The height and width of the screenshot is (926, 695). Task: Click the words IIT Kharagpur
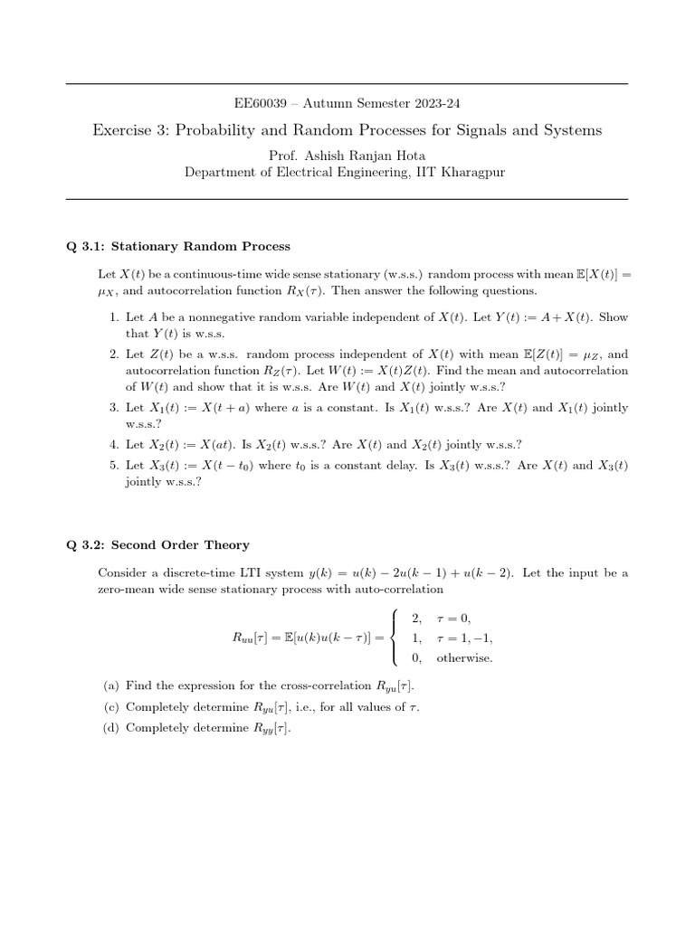[468, 172]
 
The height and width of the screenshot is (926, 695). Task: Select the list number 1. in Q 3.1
[114, 318]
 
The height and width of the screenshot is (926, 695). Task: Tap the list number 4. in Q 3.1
[114, 444]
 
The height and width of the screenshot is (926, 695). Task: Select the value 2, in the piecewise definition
[416, 618]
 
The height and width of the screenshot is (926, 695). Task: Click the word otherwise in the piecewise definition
[464, 657]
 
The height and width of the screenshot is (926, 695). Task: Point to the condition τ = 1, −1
[465, 638]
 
